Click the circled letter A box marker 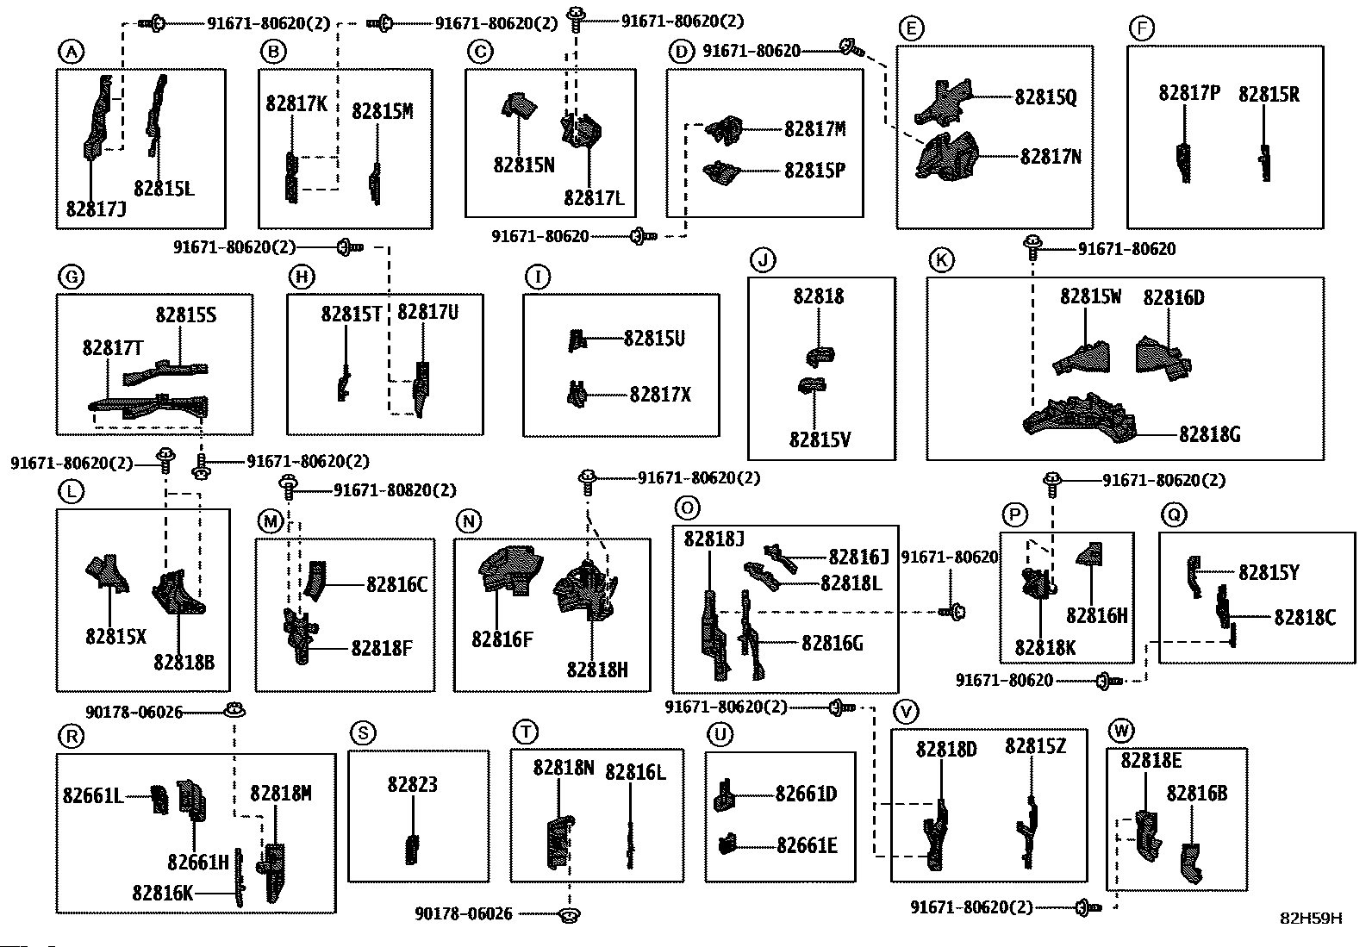(x=71, y=53)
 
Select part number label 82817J (x=96, y=209)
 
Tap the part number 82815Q (x=1045, y=97)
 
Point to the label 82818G (x=1209, y=434)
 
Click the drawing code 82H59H (x=1311, y=918)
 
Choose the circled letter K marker (x=941, y=259)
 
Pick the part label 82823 (x=412, y=784)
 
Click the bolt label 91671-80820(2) (x=395, y=490)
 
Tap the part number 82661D (x=806, y=794)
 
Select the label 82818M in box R (x=281, y=793)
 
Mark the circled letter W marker (x=1120, y=732)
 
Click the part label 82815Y (x=1269, y=572)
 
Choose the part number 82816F (x=502, y=639)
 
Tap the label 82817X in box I (x=660, y=395)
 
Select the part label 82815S (x=185, y=315)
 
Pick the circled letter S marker (x=364, y=733)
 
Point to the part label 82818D (x=946, y=749)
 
